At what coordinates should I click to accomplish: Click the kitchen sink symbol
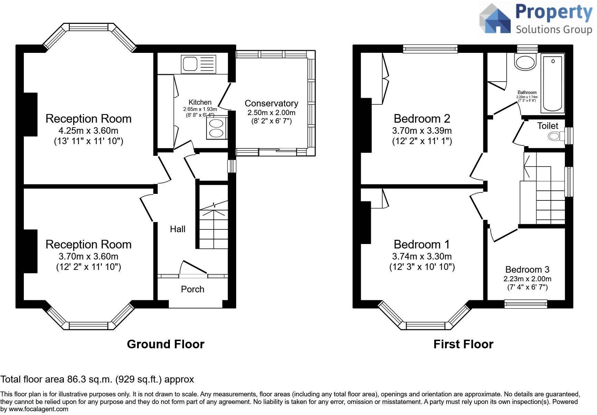coord(198,64)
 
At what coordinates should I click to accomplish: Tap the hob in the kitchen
coord(216,128)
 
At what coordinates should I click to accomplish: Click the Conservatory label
coord(271,103)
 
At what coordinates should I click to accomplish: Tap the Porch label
coord(193,289)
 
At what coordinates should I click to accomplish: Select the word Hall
coord(177,229)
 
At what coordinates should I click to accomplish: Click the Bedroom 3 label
coord(527,270)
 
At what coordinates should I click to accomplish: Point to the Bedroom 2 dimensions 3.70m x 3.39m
coord(422,131)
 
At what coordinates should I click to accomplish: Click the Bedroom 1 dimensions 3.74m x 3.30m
coord(422,256)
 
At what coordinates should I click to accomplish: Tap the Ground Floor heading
coord(166,344)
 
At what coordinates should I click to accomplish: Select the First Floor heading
coord(463,344)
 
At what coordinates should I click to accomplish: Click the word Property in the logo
coord(554,13)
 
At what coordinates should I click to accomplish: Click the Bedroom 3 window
coord(526,304)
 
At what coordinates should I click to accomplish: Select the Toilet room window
coord(569,136)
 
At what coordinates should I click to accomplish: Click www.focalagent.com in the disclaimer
coord(39,409)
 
